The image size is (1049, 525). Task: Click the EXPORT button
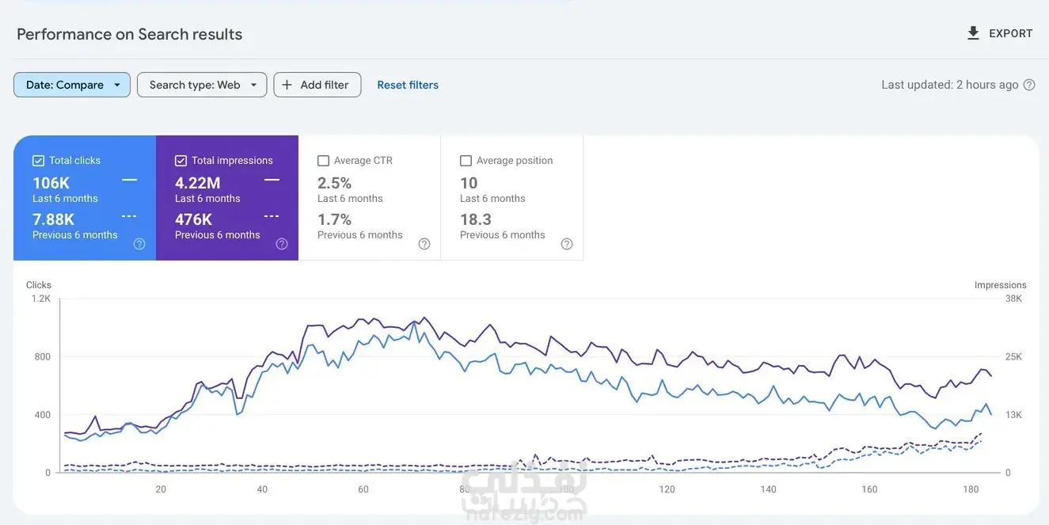click(1000, 33)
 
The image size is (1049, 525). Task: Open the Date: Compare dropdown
click(72, 85)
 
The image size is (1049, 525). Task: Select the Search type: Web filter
click(202, 85)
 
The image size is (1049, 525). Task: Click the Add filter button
click(317, 85)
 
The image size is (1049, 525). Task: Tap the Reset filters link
click(408, 85)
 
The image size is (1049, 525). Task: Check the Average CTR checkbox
click(323, 161)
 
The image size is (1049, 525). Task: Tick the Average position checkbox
click(466, 161)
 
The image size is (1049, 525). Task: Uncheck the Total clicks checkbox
click(39, 161)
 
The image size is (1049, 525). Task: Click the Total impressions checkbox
click(181, 161)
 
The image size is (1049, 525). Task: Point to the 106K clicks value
click(51, 183)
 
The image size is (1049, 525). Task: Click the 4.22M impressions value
click(197, 183)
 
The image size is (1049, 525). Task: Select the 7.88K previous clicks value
click(53, 219)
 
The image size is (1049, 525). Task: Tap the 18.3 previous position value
click(475, 219)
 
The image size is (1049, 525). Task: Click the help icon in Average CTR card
click(424, 244)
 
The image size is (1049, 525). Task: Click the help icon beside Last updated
click(1029, 85)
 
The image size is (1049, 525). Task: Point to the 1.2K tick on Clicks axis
click(40, 299)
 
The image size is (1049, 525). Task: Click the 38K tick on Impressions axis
click(1013, 299)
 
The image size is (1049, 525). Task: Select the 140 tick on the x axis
click(768, 489)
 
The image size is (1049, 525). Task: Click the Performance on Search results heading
click(129, 34)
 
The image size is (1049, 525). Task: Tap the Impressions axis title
click(1000, 285)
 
